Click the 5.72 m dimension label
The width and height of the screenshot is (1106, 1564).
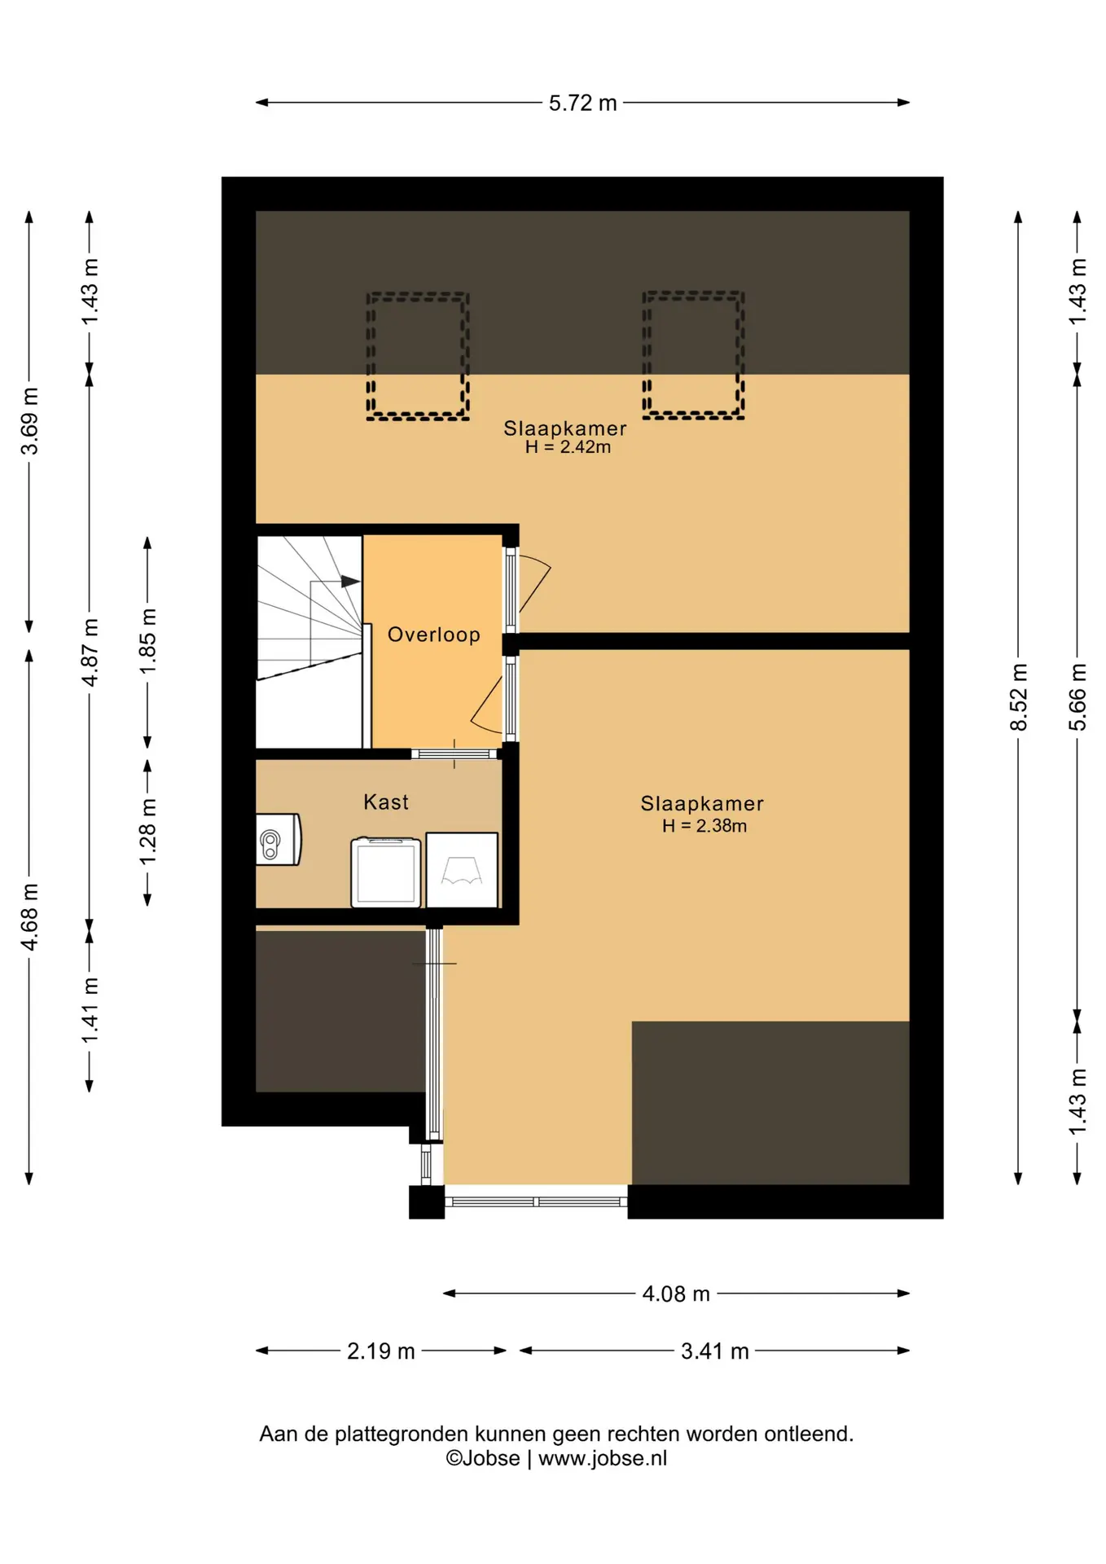[x=582, y=103]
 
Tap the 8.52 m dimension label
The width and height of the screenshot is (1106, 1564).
[x=1019, y=697]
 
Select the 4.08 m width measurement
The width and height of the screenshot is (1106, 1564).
[x=676, y=1294]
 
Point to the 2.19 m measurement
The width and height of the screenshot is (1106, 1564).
[x=381, y=1351]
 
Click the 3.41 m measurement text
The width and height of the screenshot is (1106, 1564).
[x=714, y=1351]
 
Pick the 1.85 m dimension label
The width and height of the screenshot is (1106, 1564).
[x=147, y=642]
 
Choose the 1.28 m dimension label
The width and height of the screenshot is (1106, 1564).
[x=147, y=832]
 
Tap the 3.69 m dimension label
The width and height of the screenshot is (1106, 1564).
[x=29, y=421]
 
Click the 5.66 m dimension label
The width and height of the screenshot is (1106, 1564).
[x=1077, y=697]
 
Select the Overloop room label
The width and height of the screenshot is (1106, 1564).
[x=434, y=635]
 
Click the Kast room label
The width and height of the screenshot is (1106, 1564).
[x=386, y=802]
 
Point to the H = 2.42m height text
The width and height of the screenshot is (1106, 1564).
[x=568, y=447]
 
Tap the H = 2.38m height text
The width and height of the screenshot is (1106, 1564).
[x=704, y=826]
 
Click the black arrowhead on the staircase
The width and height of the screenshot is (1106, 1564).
[x=350, y=582]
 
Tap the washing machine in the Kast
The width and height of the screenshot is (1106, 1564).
[x=386, y=872]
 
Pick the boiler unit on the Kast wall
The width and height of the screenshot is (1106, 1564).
[x=279, y=840]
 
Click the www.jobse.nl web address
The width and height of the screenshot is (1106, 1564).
[x=603, y=1458]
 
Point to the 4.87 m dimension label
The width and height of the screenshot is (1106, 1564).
[x=90, y=652]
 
